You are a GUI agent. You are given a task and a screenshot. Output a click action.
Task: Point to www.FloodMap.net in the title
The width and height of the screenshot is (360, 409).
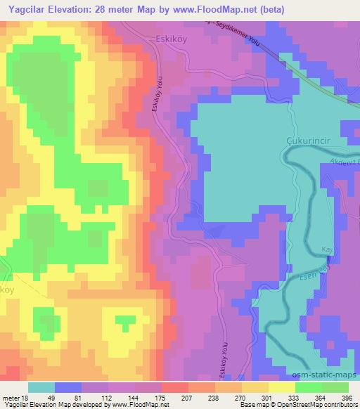[x=209, y=9]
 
